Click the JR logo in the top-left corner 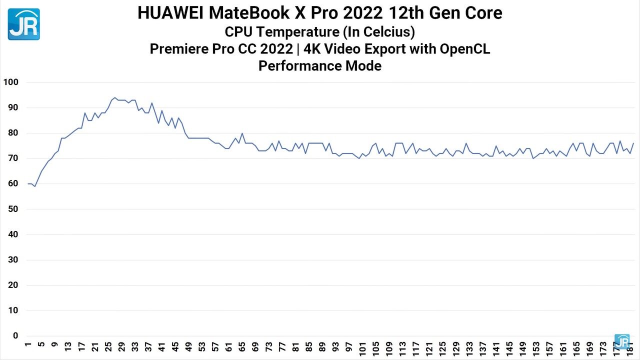pyautogui.click(x=23, y=24)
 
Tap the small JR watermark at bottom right pyautogui.click(x=622, y=341)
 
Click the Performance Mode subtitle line pyautogui.click(x=319, y=66)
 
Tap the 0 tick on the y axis pyautogui.click(x=15, y=336)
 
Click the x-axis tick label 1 pyautogui.click(x=28, y=345)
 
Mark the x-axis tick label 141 pyautogui.click(x=496, y=349)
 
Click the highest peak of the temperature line pyautogui.click(x=114, y=97)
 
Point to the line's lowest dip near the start pyautogui.click(x=34, y=186)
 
